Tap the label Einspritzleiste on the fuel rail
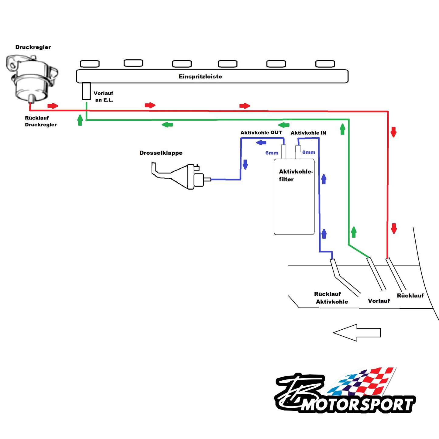[x=200, y=77]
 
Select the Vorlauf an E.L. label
[x=104, y=97]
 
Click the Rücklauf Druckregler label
[x=40, y=121]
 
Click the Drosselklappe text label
[x=161, y=153]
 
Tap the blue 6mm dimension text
[x=272, y=153]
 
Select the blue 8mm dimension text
[x=309, y=152]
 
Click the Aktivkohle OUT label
[x=261, y=133]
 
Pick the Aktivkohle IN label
[x=308, y=133]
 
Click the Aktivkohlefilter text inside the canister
[x=295, y=175]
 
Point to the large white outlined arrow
[x=357, y=332]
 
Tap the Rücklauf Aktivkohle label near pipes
[x=331, y=298]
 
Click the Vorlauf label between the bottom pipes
[x=379, y=301]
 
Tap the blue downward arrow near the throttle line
[x=245, y=164]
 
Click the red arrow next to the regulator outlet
[x=53, y=106]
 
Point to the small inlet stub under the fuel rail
[x=86, y=91]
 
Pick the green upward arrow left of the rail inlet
[x=80, y=120]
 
